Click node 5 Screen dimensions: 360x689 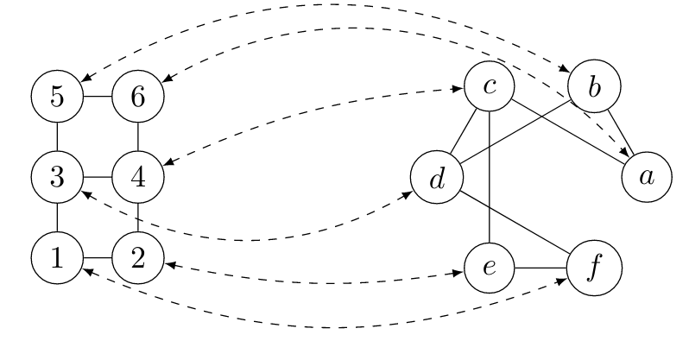coord(56,96)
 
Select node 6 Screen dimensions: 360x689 coord(138,96)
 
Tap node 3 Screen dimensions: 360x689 coord(56,178)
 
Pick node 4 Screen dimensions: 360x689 coord(138,178)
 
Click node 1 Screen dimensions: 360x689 coord(56,258)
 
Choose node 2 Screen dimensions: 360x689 coord(138,258)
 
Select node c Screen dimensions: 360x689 coord(490,86)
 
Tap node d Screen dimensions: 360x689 coord(438,178)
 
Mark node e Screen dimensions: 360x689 coord(490,268)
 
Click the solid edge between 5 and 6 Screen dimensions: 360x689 coord(97,96)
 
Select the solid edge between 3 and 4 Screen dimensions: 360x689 coord(97,178)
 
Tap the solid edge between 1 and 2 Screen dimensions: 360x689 coord(97,258)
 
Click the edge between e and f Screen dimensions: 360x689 coord(541,268)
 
